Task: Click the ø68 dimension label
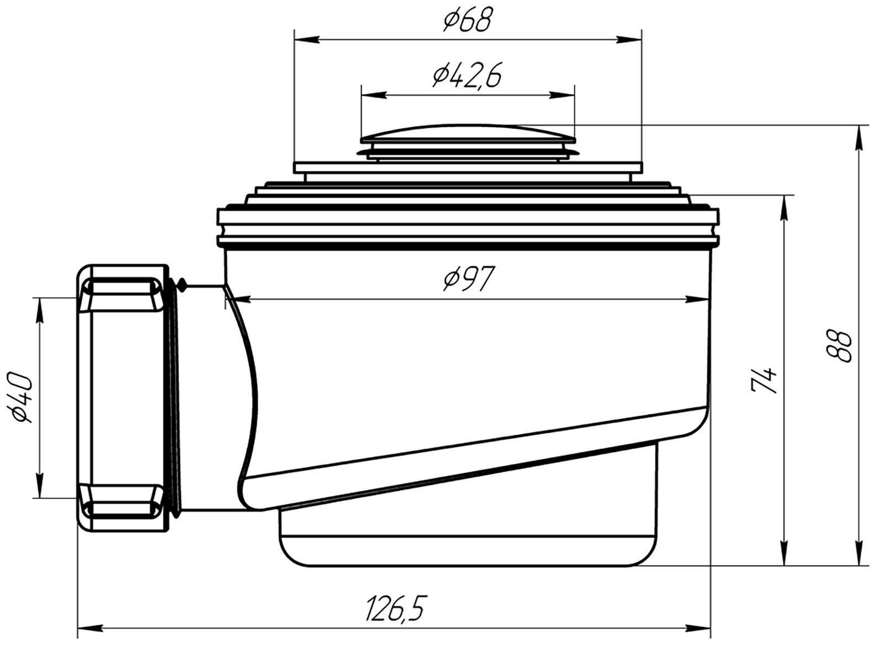467,20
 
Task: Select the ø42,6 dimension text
467,76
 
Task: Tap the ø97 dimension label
467,278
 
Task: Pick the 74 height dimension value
763,379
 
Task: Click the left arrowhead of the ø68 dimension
307,39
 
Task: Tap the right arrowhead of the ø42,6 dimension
562,95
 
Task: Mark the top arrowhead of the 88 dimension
859,137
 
